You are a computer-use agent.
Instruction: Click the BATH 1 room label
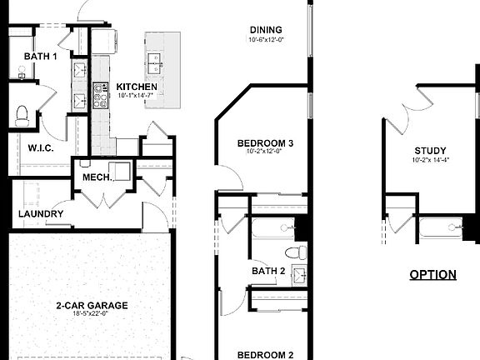click(x=40, y=57)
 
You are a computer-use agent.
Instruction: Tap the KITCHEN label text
click(x=137, y=87)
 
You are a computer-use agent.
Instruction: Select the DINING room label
click(x=265, y=30)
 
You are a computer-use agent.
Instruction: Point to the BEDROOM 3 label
click(x=265, y=142)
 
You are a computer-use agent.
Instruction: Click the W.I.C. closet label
click(x=41, y=148)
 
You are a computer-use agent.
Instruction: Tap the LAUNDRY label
click(x=41, y=214)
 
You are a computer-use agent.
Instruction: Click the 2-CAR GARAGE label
click(x=92, y=306)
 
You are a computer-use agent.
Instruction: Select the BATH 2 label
click(x=269, y=270)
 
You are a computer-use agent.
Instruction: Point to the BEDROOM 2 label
click(x=265, y=355)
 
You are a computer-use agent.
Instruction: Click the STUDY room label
click(x=430, y=151)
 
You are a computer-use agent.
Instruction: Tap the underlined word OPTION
click(x=432, y=274)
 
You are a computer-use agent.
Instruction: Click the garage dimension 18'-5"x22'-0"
click(x=92, y=315)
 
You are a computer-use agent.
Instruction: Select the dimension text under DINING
click(x=265, y=40)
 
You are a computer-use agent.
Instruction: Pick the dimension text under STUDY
click(x=430, y=160)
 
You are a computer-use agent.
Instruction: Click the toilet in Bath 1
click(x=22, y=115)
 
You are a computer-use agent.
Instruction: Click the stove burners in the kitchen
click(x=100, y=95)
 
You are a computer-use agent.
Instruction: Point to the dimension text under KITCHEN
click(x=137, y=96)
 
